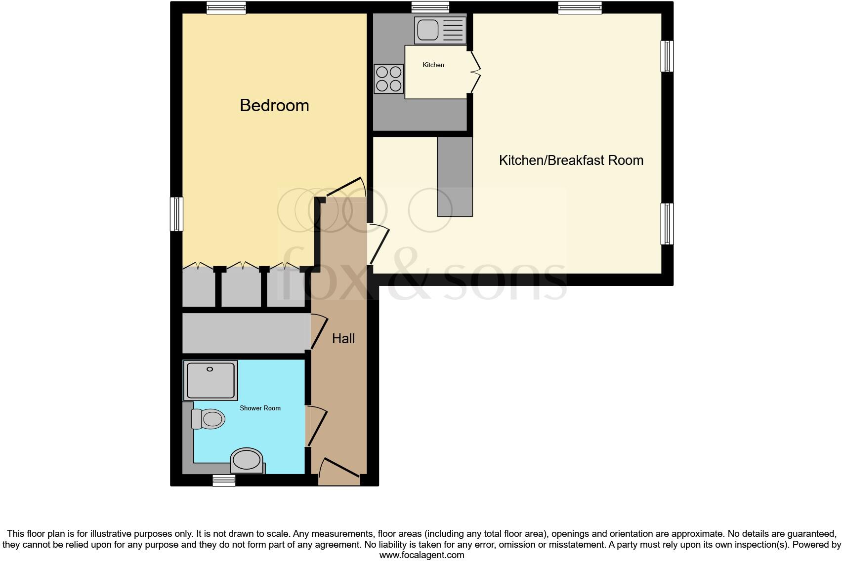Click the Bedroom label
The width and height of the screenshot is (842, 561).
pos(274,105)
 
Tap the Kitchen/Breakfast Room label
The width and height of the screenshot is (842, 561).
pos(571,160)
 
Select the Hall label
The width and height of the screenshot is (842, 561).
pos(343,338)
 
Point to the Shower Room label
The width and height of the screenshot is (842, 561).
pos(260,408)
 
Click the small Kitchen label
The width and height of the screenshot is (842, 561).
pos(433,65)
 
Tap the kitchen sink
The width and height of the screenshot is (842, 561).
pos(440,30)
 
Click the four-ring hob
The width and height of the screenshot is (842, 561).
pos(388,79)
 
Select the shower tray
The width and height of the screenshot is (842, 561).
pos(210,380)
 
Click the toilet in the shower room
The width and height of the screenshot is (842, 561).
pos(209,419)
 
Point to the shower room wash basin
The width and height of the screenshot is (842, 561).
pos(246,460)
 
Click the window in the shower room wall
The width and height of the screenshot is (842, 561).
pos(224,481)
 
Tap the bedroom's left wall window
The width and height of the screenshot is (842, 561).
pos(176,214)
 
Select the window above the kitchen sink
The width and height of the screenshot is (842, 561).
pos(430,7)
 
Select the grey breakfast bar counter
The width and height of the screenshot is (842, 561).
pos(455,176)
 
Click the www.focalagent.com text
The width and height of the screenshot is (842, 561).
pos(421,555)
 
